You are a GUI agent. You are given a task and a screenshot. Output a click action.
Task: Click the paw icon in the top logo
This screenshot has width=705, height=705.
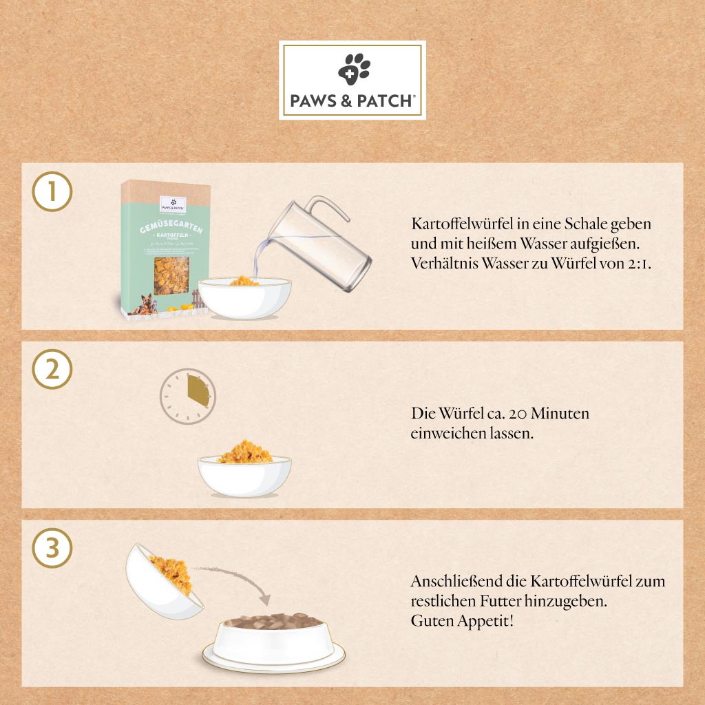pyautogui.click(x=353, y=70)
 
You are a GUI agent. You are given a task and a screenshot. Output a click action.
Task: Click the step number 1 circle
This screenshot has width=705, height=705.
pyautogui.click(x=52, y=193)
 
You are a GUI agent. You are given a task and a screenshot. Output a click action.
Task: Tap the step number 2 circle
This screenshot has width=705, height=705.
pyautogui.click(x=52, y=370)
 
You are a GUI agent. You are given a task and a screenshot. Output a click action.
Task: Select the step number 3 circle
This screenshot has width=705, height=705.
pyautogui.click(x=52, y=549)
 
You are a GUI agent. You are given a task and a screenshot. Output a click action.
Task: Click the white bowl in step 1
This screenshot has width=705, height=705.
pyautogui.click(x=244, y=299)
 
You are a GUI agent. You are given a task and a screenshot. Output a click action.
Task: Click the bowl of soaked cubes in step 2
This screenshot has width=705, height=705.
pyautogui.click(x=244, y=475)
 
